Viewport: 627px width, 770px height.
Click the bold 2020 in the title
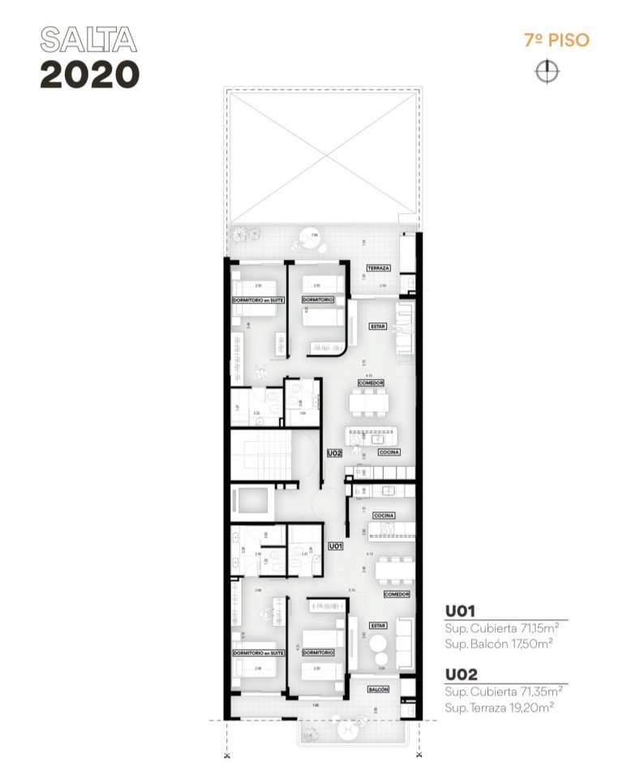coord(89,74)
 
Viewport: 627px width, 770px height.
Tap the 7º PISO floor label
coord(556,40)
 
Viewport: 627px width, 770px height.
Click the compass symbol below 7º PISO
coord(547,71)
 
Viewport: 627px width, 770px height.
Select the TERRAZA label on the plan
coord(379,268)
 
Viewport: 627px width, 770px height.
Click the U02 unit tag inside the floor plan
coord(334,454)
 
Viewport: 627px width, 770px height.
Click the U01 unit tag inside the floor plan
coord(335,547)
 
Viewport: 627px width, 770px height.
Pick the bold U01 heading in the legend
coord(459,611)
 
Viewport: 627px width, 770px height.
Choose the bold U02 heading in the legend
coord(459,674)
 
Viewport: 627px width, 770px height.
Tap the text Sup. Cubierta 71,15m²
coord(503,628)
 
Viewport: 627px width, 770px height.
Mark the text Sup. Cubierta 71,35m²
coord(503,691)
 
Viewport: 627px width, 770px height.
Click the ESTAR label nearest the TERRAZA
coord(377,327)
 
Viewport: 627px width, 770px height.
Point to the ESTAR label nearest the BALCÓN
coord(378,625)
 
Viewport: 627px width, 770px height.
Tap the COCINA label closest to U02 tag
coord(389,452)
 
